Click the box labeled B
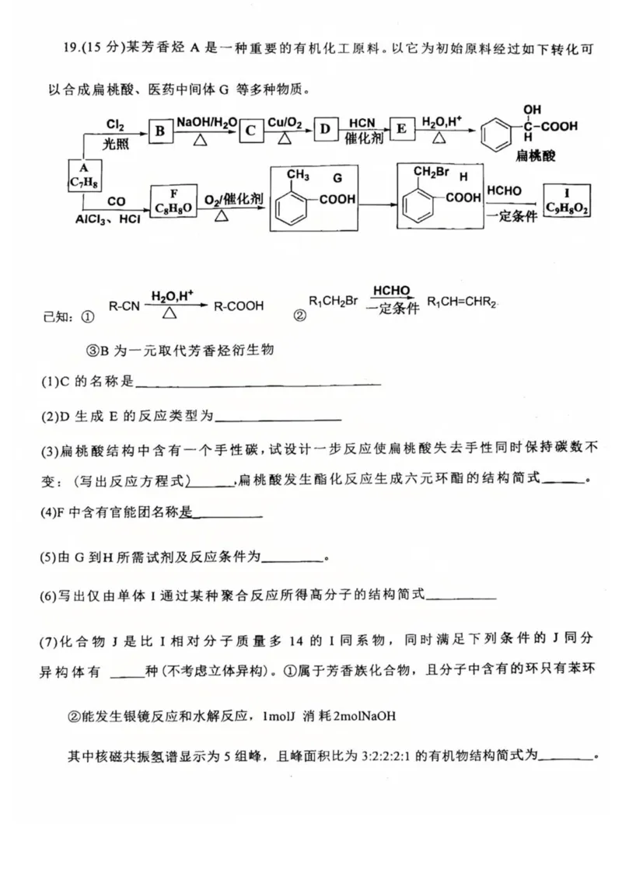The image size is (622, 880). pos(159,131)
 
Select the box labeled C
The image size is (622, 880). pos(250,131)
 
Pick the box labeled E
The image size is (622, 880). pos(401,129)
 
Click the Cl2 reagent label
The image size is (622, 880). pos(115,122)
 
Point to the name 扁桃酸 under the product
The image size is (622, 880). pos(532,156)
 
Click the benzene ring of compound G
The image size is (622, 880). pos(297,207)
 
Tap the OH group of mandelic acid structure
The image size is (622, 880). pos(532,110)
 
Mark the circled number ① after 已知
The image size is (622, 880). pos(87,317)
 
